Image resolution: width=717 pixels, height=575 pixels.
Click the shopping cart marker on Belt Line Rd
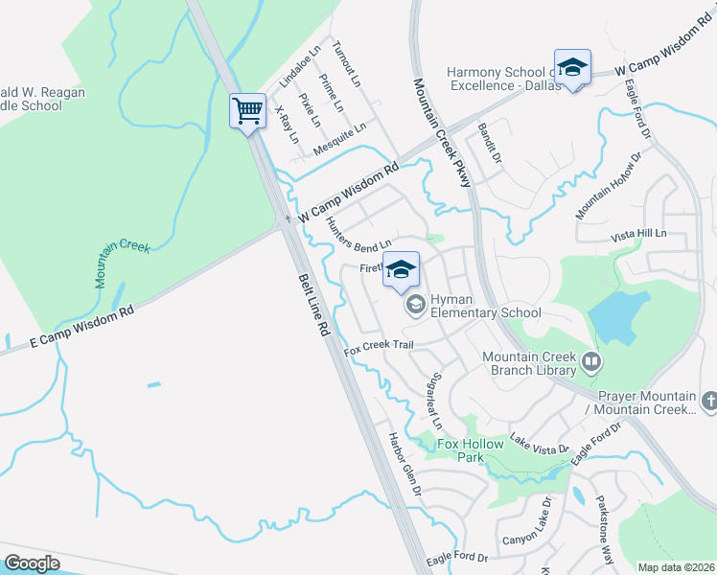tap(248, 111)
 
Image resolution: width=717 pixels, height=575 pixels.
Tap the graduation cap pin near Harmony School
tap(572, 68)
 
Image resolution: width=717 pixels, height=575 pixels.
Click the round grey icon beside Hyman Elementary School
tap(415, 305)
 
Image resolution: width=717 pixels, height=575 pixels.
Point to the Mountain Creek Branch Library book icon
tap(591, 362)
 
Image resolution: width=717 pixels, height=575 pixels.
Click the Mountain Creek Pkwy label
tap(444, 133)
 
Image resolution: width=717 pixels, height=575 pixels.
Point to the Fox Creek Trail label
tap(379, 345)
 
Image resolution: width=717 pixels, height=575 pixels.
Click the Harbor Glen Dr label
tap(405, 463)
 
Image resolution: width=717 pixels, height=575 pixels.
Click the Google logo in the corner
tap(33, 563)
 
